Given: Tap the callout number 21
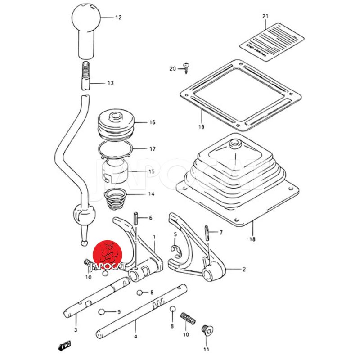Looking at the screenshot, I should [x=265, y=17].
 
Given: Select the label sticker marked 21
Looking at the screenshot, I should [x=272, y=40].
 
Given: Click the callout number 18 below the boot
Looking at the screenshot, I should [x=252, y=239].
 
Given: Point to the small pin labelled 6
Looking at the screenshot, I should [x=135, y=218].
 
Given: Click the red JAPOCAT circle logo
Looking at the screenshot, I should [x=108, y=254].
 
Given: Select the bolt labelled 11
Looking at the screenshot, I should [x=207, y=330].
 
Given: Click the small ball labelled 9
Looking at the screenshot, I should [x=103, y=311].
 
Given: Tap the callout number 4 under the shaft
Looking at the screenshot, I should [x=136, y=336].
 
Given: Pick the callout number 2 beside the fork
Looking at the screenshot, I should [x=244, y=270].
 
